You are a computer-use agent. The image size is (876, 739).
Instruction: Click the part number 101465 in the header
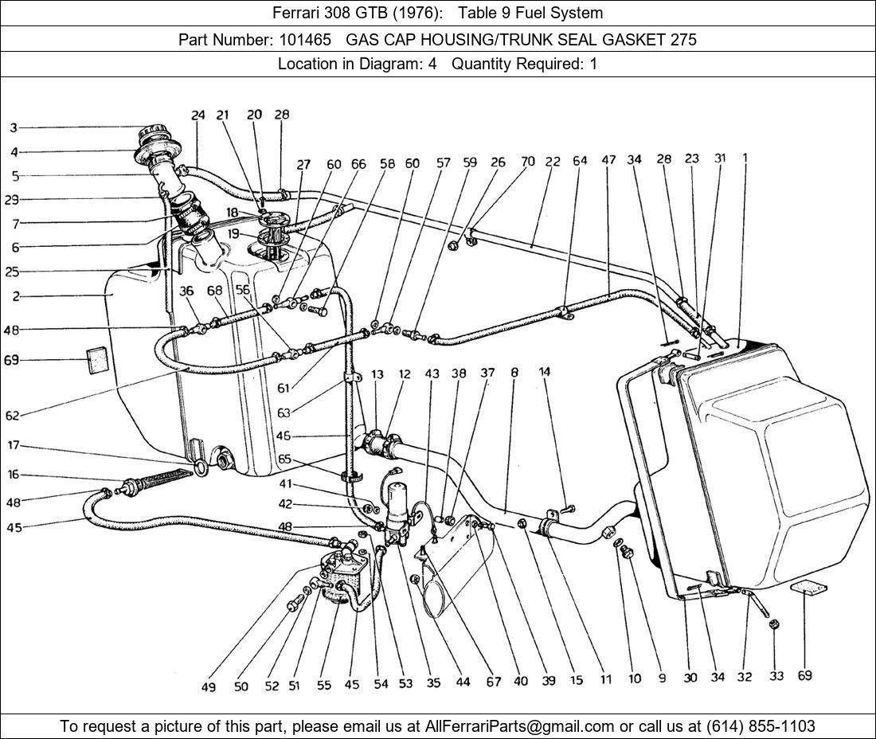click(x=306, y=40)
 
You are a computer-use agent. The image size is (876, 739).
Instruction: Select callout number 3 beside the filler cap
click(x=14, y=128)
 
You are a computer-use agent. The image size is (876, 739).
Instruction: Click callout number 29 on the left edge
click(x=12, y=200)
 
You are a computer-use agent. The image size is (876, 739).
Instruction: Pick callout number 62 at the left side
click(x=12, y=416)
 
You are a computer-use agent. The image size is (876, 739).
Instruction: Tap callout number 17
click(x=14, y=445)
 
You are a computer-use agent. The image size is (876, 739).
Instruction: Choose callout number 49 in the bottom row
click(x=209, y=686)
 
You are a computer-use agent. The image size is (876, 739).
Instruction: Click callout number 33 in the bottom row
click(x=776, y=676)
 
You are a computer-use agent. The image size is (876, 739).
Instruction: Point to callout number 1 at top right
click(x=745, y=158)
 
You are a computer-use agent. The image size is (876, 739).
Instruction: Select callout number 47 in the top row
click(x=608, y=160)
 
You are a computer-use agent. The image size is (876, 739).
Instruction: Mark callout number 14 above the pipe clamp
click(x=545, y=371)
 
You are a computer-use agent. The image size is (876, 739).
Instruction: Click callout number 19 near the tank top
click(x=233, y=233)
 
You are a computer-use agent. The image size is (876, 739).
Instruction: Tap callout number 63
click(x=284, y=413)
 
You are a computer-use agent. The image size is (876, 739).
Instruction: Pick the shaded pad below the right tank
click(x=808, y=589)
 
